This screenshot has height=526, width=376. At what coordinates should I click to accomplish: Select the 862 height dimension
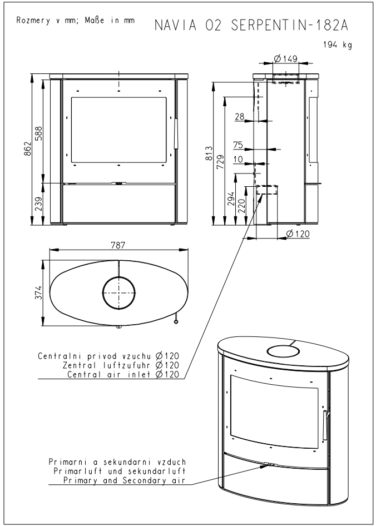[27, 150]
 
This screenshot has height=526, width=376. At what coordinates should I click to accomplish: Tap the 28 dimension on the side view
[240, 116]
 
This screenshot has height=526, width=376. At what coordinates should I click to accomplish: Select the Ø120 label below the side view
[298, 234]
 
